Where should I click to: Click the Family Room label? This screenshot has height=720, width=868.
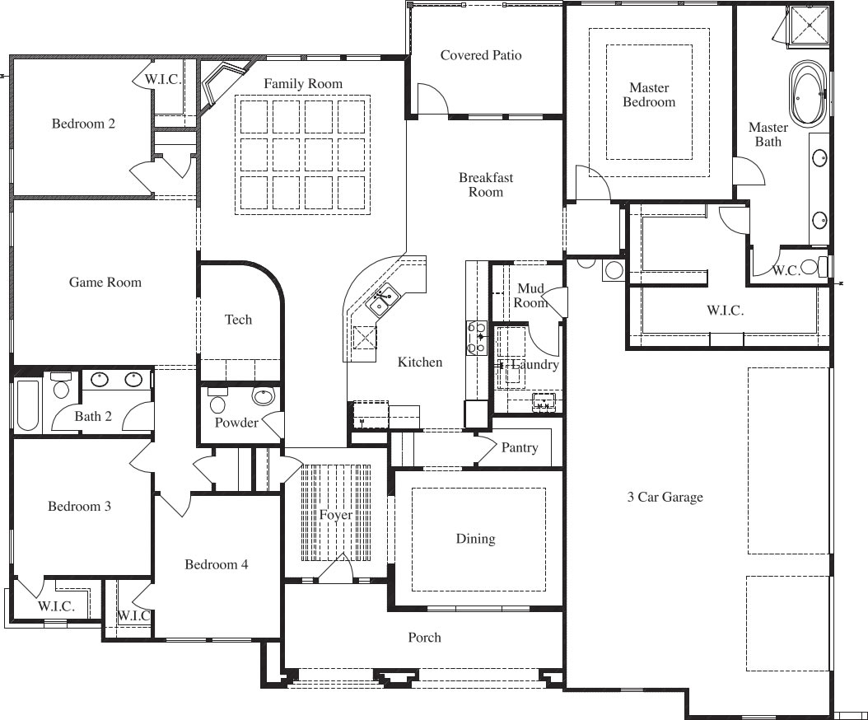pyautogui.click(x=303, y=84)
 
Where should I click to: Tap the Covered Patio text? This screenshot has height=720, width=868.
pyautogui.click(x=480, y=55)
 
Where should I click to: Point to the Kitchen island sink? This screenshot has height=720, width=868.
pyautogui.click(x=382, y=300)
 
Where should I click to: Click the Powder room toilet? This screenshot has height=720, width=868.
pyautogui.click(x=217, y=400)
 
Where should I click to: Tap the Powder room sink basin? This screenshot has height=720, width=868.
pyautogui.click(x=263, y=395)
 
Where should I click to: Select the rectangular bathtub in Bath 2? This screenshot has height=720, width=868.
pyautogui.click(x=27, y=404)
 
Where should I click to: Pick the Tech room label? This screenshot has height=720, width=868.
pyautogui.click(x=239, y=320)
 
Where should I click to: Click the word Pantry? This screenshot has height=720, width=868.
pyautogui.click(x=520, y=447)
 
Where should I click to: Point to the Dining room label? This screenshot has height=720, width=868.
pyautogui.click(x=475, y=539)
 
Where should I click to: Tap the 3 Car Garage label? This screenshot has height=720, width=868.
pyautogui.click(x=665, y=497)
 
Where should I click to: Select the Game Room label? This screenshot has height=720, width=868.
pyautogui.click(x=105, y=282)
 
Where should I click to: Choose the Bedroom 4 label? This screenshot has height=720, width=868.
pyautogui.click(x=216, y=564)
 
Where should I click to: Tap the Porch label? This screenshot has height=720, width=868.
pyautogui.click(x=425, y=638)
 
